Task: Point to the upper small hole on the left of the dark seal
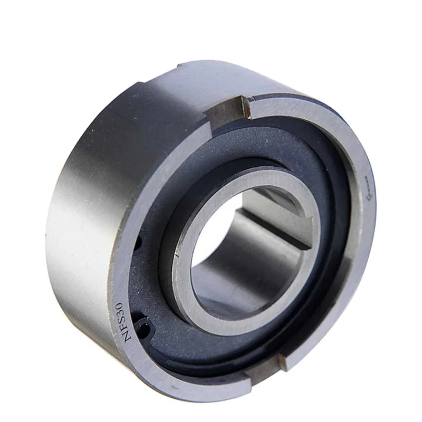138,243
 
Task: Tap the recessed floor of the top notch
232,109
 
